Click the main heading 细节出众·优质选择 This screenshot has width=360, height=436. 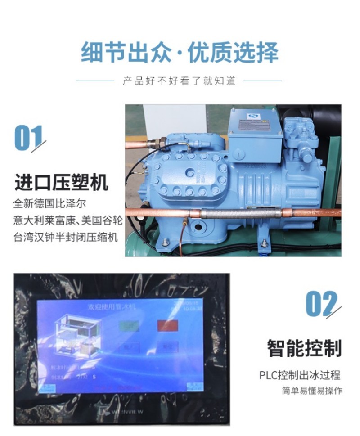click(x=180, y=53)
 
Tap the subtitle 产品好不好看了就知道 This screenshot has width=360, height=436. click(x=180, y=81)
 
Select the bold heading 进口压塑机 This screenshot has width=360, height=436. click(x=61, y=184)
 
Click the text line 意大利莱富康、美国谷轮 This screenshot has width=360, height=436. click(x=67, y=220)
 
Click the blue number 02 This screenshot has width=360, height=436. click(x=321, y=304)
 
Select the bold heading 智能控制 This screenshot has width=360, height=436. click(x=304, y=348)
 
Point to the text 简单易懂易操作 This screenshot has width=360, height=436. click(x=312, y=391)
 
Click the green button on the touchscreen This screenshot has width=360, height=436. click(x=129, y=325)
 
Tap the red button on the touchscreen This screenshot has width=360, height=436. click(x=168, y=325)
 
